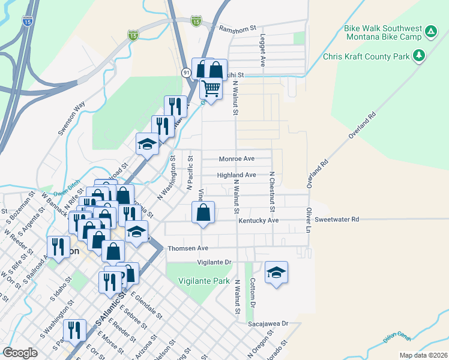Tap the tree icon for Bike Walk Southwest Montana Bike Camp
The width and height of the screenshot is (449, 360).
pyautogui.click(x=430, y=32)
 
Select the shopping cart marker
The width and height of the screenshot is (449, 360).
pyautogui.click(x=211, y=88)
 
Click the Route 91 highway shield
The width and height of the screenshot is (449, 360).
pyautogui.click(x=187, y=72)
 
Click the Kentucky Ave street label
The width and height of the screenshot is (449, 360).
pyautogui.click(x=259, y=221)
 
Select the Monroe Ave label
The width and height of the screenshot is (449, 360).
pyautogui.click(x=237, y=158)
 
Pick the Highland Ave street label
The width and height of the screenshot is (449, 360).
pyautogui.click(x=237, y=175)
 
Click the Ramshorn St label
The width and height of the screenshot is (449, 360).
pyautogui.click(x=238, y=28)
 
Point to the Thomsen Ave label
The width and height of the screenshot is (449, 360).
pyautogui.click(x=188, y=248)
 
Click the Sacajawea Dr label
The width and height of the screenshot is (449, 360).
pyautogui.click(x=268, y=323)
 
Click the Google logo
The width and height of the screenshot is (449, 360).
pyautogui.click(x=20, y=353)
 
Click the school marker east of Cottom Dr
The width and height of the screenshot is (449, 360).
pyautogui.click(x=276, y=272)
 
